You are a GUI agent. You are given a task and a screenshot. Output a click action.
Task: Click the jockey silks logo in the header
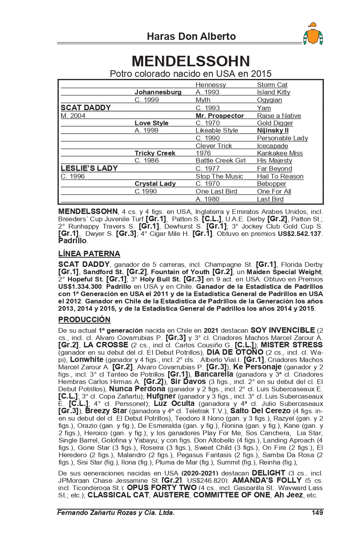pyautogui.click(x=313, y=34)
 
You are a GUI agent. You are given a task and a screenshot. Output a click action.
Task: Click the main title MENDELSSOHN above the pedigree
pyautogui.click(x=191, y=61)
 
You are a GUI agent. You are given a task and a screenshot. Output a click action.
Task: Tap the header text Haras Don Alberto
pyautogui.click(x=191, y=37)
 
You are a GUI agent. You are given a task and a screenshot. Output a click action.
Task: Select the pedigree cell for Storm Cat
pyautogui.click(x=272, y=85)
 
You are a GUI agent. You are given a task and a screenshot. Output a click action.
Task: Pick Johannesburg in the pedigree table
pyautogui.click(x=158, y=92)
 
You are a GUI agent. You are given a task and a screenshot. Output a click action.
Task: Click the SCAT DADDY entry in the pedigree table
pyautogui.click(x=85, y=108)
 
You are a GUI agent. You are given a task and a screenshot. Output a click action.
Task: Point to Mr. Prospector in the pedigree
pyautogui.click(x=220, y=116)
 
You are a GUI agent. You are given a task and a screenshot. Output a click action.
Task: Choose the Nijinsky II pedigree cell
pyautogui.click(x=273, y=131)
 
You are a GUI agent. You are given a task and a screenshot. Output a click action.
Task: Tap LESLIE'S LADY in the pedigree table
pyautogui.click(x=89, y=168)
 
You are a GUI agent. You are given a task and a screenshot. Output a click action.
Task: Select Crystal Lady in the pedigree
pyautogui.click(x=155, y=184)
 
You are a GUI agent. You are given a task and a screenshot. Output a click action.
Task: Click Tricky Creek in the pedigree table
pyautogui.click(x=155, y=153)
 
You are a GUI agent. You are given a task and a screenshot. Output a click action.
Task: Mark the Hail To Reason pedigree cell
pyautogui.click(x=280, y=177)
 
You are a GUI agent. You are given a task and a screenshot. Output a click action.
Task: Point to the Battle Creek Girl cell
pyautogui.click(x=220, y=161)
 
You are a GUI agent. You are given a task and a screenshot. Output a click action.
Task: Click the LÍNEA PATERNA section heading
pyautogui.click(x=89, y=254)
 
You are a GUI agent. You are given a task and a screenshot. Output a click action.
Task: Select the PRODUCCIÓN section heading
pyautogui.click(x=84, y=319)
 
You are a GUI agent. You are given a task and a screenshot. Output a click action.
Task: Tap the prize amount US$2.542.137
pyautogui.click(x=299, y=234)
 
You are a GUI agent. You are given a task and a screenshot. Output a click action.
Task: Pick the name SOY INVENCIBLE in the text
pyautogui.click(x=282, y=330)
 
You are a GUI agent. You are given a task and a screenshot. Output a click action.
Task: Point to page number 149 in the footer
pyautogui.click(x=317, y=512)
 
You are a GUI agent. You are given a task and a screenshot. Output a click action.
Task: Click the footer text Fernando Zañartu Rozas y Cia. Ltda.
pyautogui.click(x=116, y=512)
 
